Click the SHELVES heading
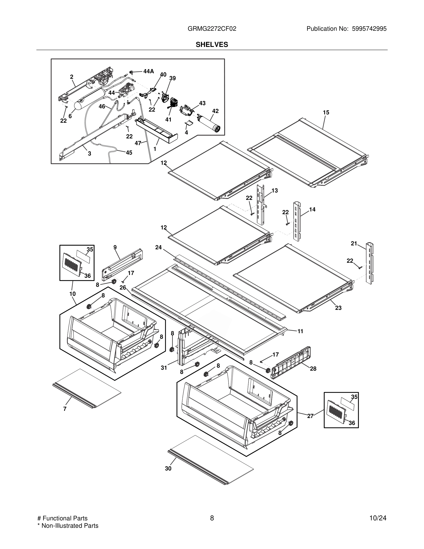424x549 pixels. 212,45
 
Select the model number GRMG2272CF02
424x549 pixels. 212,29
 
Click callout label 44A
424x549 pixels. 148,71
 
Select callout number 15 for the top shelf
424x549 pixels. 326,113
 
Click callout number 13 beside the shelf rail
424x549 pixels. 275,191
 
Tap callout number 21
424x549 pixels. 354,243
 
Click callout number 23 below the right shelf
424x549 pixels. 338,308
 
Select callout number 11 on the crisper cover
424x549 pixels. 300,331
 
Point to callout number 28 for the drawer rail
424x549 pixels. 313,369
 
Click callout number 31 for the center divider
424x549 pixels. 164,368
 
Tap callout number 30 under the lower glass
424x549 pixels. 168,469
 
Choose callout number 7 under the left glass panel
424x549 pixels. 65,409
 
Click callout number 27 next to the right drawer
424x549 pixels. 310,416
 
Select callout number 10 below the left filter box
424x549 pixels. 72,294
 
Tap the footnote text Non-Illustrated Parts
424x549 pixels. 70,526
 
